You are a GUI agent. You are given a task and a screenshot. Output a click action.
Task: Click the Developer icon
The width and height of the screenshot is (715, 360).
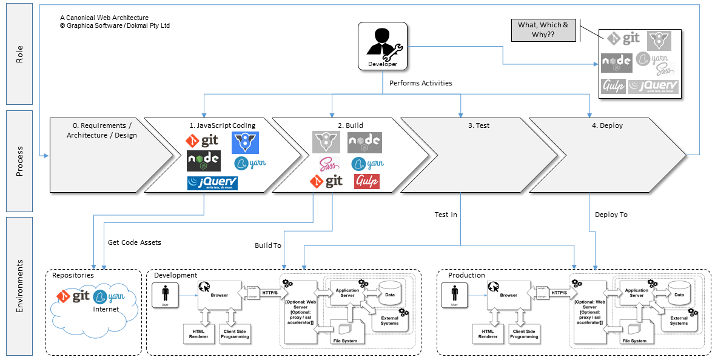[x=382, y=45]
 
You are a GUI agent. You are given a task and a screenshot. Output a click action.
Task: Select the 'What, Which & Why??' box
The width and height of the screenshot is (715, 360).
[x=543, y=30]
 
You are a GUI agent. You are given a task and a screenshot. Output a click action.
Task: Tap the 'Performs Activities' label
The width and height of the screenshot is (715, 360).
[x=420, y=83]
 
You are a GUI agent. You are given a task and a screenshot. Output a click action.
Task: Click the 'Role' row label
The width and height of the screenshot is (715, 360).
[x=19, y=54]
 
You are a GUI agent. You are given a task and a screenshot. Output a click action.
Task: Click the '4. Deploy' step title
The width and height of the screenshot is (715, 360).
[x=606, y=126]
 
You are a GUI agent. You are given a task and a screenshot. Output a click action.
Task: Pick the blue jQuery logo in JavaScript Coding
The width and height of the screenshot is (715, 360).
[x=212, y=183]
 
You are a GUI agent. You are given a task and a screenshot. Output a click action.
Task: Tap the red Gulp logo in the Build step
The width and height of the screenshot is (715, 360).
[x=366, y=181]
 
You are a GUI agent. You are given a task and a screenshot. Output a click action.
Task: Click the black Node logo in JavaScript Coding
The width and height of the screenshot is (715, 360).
[x=203, y=161]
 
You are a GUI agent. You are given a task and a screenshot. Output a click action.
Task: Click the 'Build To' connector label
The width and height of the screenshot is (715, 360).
[x=267, y=245]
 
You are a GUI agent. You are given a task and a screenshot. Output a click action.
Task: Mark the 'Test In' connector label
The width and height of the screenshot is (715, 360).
[x=446, y=215]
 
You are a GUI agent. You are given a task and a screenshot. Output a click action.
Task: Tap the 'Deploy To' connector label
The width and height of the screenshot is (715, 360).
[x=611, y=215]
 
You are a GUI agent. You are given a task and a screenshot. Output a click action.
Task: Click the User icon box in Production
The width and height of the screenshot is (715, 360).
[x=454, y=296]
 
